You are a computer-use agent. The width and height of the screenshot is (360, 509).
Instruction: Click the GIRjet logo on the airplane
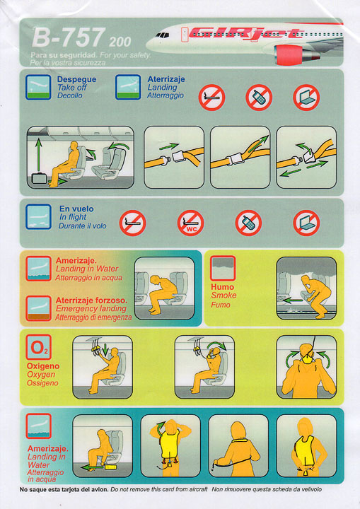(x=246, y=33)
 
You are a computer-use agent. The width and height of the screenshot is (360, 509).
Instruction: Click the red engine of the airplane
(x=289, y=54)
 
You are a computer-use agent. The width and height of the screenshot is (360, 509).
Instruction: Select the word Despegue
(x=76, y=79)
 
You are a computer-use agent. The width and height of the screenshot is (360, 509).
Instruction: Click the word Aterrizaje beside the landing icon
(x=166, y=79)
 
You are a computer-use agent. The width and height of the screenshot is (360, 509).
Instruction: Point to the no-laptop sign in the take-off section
(x=306, y=98)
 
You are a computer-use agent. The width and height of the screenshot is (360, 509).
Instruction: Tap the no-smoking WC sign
(x=190, y=223)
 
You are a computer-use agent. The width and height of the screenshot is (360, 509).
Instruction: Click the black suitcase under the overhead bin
(x=40, y=179)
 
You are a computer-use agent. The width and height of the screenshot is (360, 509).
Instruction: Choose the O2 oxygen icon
(x=39, y=347)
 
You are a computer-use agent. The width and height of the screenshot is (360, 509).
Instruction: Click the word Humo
(x=222, y=287)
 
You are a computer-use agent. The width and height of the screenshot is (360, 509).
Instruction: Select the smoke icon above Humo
(x=223, y=268)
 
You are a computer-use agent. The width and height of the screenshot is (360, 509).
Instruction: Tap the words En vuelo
(x=76, y=209)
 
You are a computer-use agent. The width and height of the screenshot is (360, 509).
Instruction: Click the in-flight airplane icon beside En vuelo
(x=39, y=217)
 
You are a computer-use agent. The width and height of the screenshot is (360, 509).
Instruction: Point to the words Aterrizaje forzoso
(x=91, y=300)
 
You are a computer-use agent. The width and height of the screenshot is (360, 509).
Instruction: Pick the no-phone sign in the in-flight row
(x=248, y=223)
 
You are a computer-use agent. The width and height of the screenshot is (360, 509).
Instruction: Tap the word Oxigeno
(x=43, y=366)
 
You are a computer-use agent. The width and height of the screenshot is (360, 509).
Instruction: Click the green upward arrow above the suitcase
(x=39, y=155)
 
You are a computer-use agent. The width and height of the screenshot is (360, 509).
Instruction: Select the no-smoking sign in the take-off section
(x=212, y=98)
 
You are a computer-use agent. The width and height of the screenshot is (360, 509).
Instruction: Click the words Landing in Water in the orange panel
(x=87, y=269)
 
